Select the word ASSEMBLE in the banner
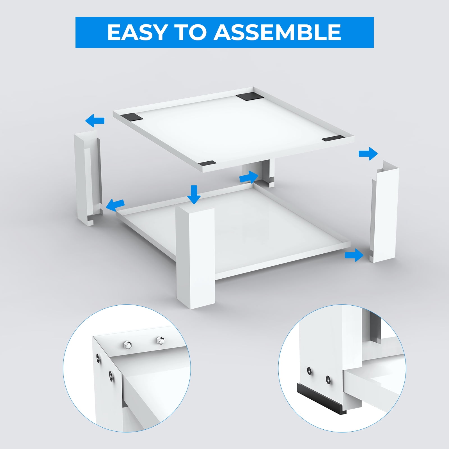click(x=277, y=32)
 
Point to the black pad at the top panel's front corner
click(x=206, y=163)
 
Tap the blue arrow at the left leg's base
click(x=115, y=205)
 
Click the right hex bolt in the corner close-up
click(x=160, y=340)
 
